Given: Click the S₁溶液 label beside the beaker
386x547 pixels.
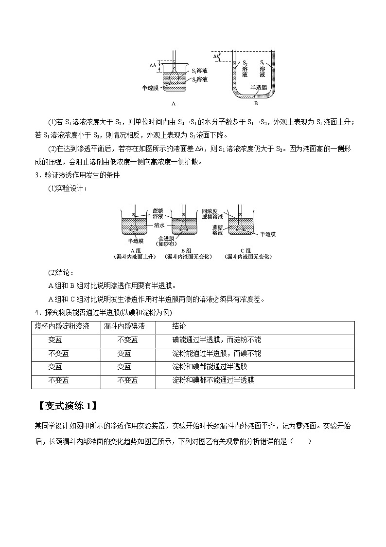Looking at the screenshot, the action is [x=199, y=71].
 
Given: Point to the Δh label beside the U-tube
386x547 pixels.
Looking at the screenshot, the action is [x=216, y=57].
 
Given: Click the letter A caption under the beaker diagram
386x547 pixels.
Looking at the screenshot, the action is [x=173, y=103].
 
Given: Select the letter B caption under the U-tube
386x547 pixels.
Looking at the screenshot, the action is [x=256, y=103].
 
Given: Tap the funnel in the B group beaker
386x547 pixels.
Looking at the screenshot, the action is [x=184, y=227].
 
